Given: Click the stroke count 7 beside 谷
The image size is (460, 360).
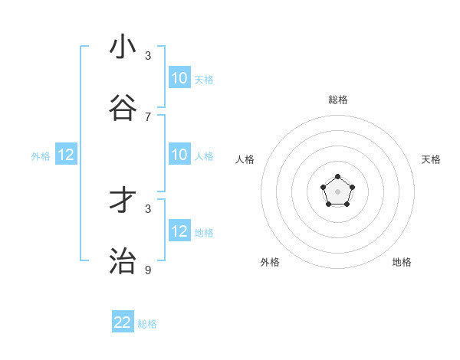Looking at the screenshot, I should pos(148,116).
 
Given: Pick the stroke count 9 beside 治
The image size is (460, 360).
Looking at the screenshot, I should pos(148,270).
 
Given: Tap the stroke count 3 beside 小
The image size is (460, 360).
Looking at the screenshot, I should pos(148,55).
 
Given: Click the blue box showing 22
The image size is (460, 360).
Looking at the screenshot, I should pos(123,322).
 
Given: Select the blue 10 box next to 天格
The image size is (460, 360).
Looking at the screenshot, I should pos(179,78).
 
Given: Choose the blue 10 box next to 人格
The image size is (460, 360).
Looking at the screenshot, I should pos(179,155).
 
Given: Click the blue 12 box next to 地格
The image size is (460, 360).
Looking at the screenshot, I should pos(179,231).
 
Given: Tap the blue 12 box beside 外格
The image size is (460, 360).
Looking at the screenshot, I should pos(66,155).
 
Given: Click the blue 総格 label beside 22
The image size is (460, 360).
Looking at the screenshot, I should pos(147,324).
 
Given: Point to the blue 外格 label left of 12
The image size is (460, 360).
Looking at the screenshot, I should pos(41,156).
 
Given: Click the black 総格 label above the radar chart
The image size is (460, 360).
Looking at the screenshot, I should pos(337,100).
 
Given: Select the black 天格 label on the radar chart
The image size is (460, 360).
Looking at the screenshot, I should pos(431,159).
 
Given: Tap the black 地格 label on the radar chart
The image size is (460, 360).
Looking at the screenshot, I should pos(402,262).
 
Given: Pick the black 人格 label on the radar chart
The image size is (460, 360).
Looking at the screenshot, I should pos(245,159).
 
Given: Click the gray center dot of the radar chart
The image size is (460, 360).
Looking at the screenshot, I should pos(337,191).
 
